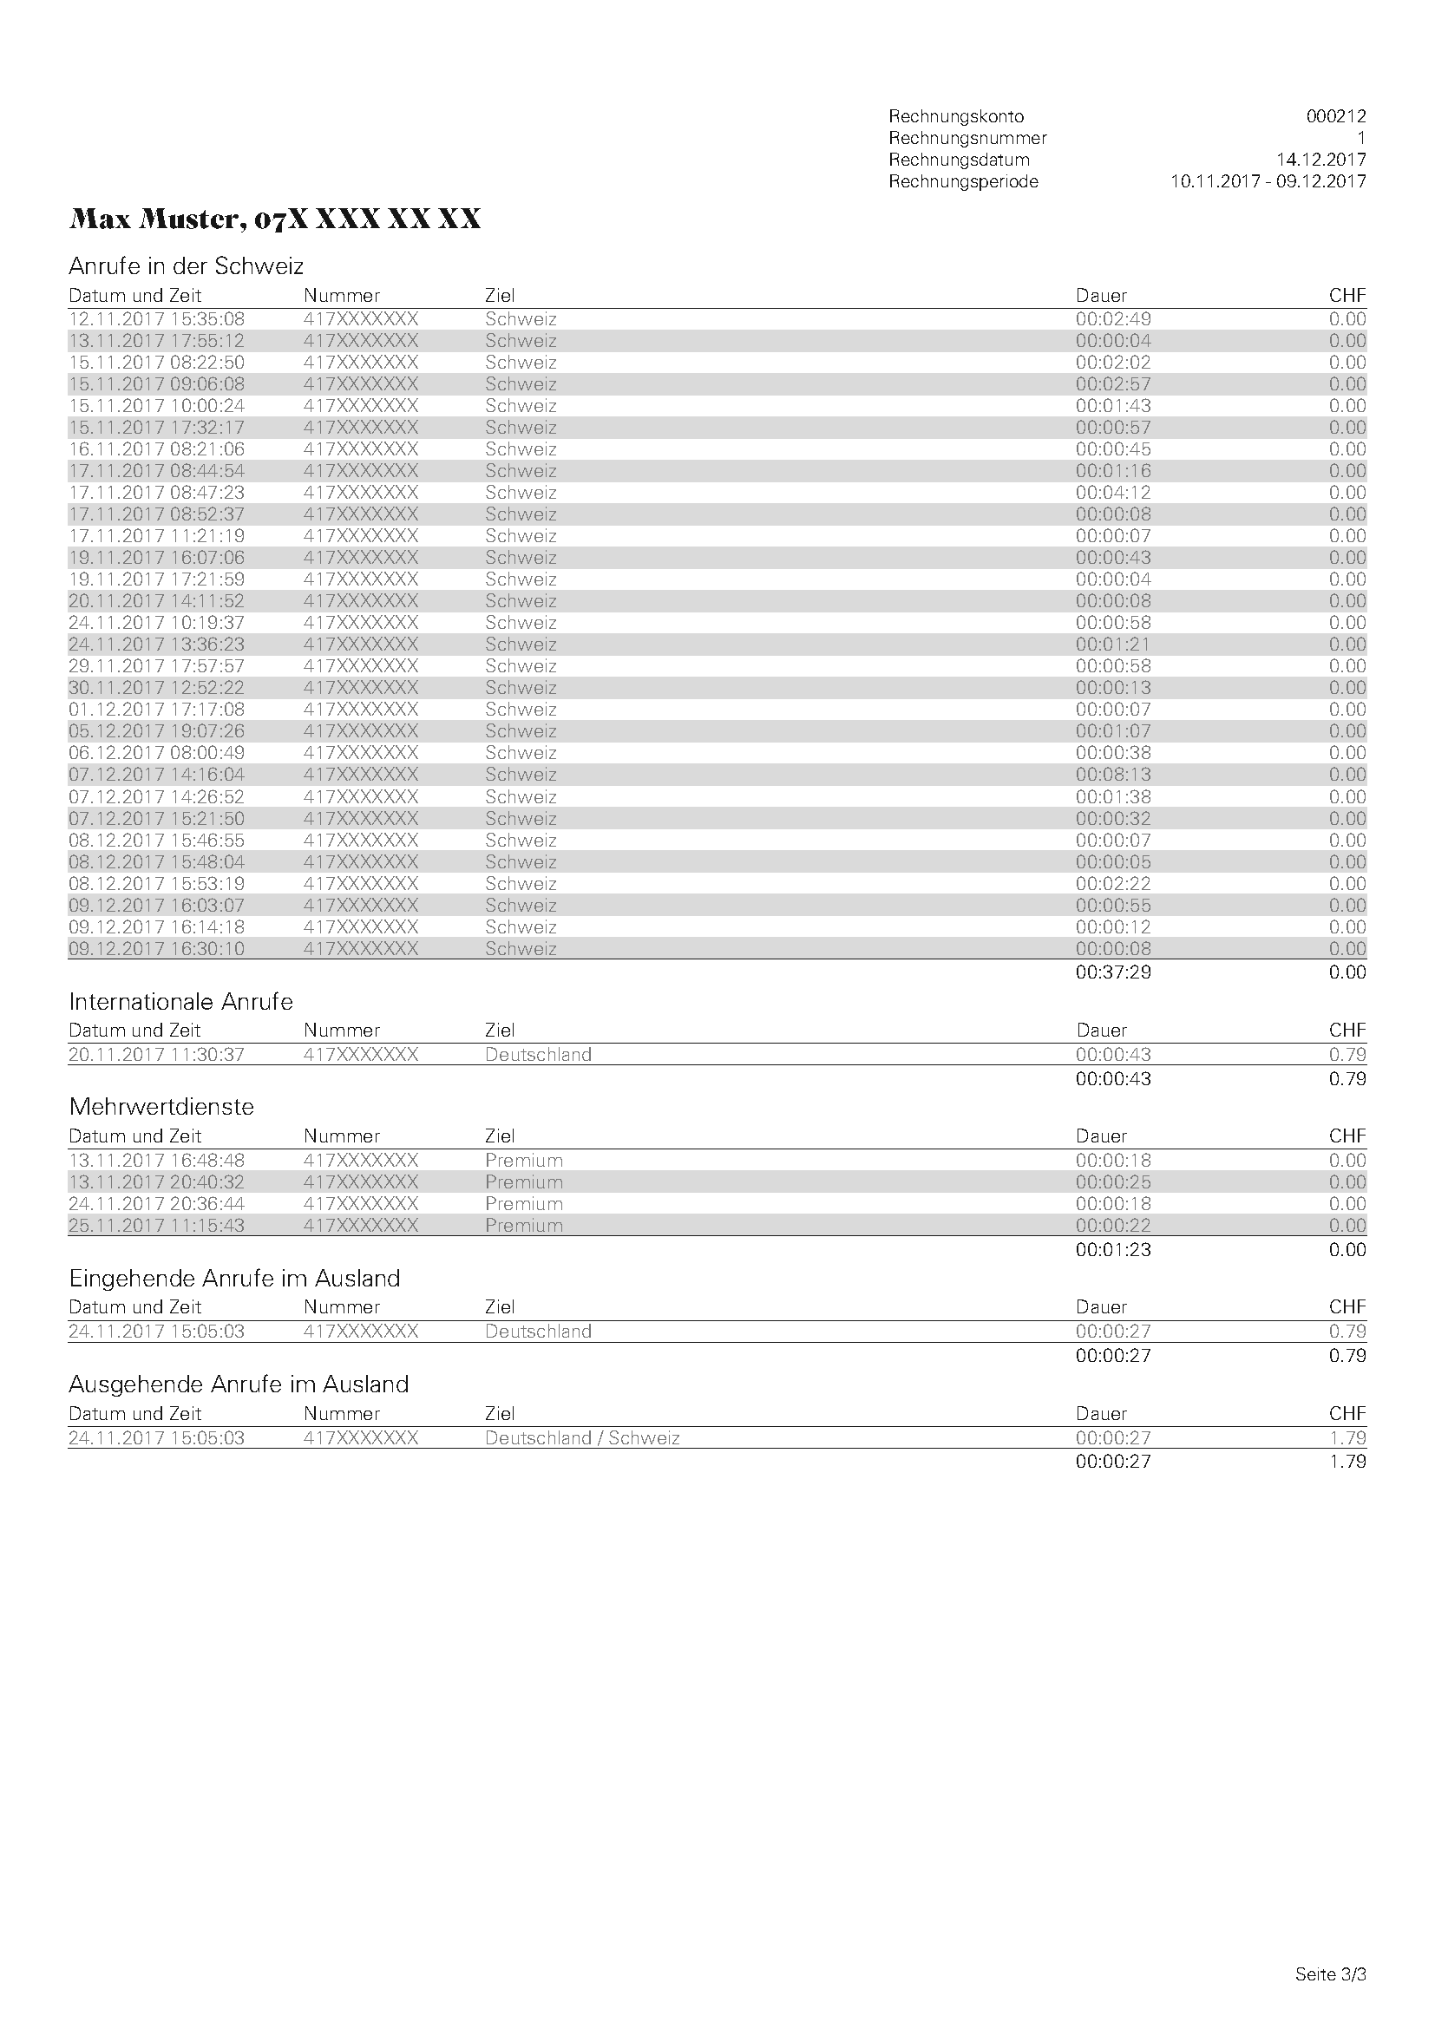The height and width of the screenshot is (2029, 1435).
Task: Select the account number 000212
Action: (x=1335, y=116)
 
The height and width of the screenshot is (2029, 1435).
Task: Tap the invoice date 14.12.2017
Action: (x=1320, y=160)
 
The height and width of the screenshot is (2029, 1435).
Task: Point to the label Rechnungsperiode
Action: (x=963, y=182)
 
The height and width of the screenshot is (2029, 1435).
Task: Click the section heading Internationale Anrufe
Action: (x=180, y=1001)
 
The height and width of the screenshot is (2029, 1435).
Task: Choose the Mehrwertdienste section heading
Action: (x=161, y=1106)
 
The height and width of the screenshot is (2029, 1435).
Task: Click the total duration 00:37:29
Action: (x=1112, y=972)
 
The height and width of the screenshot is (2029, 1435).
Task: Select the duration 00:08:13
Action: (x=1112, y=774)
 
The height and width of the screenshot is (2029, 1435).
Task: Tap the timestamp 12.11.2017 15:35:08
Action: (x=156, y=319)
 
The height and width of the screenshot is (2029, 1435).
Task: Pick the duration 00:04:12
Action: (x=1112, y=492)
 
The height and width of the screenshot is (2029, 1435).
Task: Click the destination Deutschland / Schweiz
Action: (x=581, y=1437)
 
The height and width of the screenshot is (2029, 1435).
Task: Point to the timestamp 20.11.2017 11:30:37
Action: (x=156, y=1054)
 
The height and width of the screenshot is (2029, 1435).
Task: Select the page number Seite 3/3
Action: (x=1330, y=1973)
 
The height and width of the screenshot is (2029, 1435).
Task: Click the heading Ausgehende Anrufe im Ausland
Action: (x=239, y=1384)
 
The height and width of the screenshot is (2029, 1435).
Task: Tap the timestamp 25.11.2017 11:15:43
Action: (x=156, y=1226)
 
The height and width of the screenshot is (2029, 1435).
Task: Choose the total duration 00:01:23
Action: (x=1112, y=1249)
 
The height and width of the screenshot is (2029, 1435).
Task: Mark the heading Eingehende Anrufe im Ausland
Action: (x=234, y=1278)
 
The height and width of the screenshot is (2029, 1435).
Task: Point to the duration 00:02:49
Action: (x=1112, y=319)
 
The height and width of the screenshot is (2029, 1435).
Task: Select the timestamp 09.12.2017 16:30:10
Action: (x=156, y=948)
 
